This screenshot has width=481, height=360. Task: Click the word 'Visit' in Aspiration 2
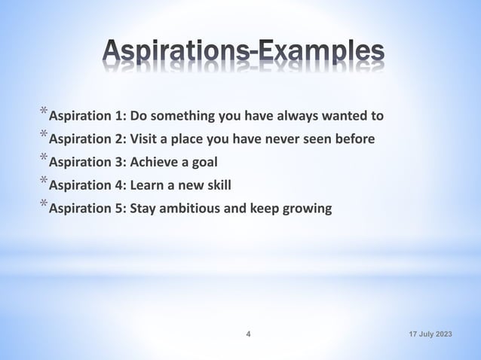tap(145, 139)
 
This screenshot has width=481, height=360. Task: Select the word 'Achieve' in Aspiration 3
tap(155, 162)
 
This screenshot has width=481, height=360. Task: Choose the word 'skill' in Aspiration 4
tap(216, 185)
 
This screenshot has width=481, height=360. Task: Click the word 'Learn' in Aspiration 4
tap(148, 185)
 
